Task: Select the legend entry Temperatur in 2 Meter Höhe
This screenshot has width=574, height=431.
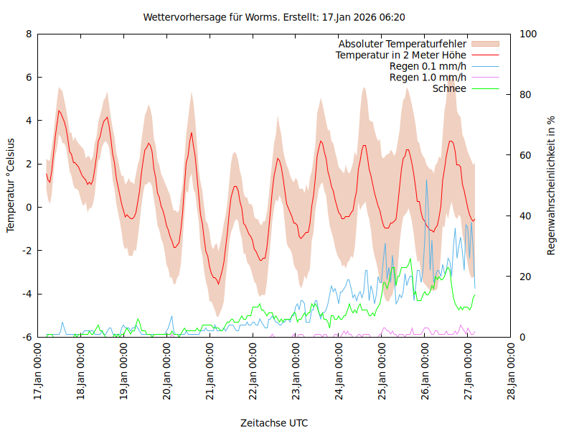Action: coord(401,55)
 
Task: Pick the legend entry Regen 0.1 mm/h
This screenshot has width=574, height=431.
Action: coord(428,66)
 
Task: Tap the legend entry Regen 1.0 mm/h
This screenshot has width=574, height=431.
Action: coord(428,77)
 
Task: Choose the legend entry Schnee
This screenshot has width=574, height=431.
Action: coord(450,88)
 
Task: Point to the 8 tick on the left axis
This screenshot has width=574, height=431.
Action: coord(29,34)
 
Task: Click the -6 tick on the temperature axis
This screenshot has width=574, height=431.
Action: coord(27,337)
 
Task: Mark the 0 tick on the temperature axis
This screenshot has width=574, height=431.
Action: coord(29,207)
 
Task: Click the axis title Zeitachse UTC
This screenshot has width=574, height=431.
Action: coord(275,423)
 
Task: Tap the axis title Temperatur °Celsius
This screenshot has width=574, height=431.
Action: coord(11,185)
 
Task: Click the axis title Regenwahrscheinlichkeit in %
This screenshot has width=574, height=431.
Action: coord(552,185)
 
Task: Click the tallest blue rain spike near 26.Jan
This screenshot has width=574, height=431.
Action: coord(426,180)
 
